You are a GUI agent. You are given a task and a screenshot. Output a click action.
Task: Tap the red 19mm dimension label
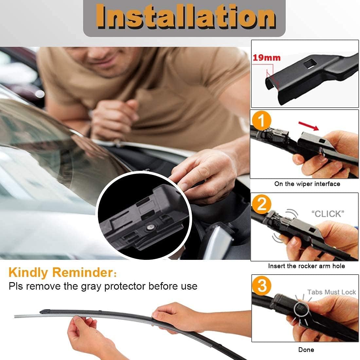[x=266, y=58]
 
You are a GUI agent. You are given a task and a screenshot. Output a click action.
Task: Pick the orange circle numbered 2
[x=261, y=205]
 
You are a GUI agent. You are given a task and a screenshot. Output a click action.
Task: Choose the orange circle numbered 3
[x=262, y=286]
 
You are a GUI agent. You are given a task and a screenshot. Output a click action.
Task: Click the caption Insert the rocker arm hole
[x=306, y=266]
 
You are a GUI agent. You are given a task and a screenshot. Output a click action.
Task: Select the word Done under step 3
[x=306, y=350]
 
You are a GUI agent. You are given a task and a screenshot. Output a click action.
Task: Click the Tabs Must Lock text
[x=331, y=292]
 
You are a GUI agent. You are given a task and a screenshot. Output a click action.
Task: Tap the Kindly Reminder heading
[x=61, y=272]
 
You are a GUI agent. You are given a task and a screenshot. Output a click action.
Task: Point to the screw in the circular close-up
[x=150, y=226]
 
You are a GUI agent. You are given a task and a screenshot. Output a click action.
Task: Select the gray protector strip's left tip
[x=16, y=316]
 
